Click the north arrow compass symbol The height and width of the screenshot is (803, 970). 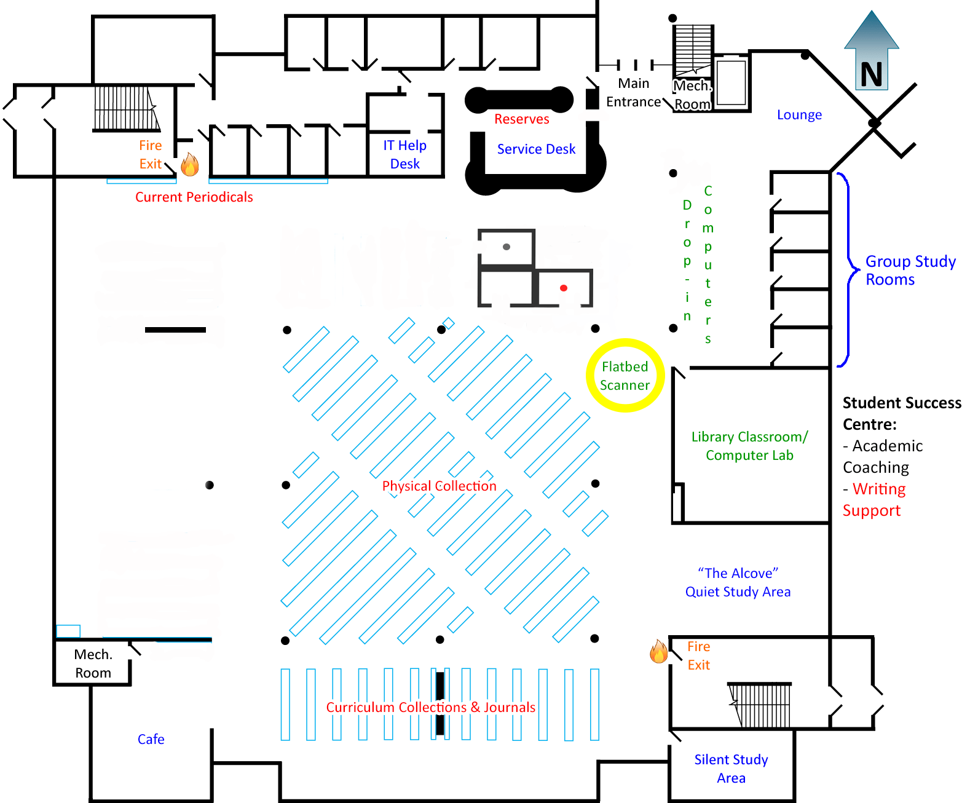coord(871,50)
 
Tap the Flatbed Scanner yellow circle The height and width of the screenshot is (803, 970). coord(625,341)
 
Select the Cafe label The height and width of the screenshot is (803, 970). coord(151,739)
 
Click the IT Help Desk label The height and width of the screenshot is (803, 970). coord(404,154)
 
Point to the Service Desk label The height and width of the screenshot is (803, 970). coord(536,149)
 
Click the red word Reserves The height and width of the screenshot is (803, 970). coord(521,119)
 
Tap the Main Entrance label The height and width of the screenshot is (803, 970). coord(633,92)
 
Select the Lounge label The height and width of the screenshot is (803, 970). coord(799,114)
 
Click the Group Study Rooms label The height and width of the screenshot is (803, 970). coord(910,270)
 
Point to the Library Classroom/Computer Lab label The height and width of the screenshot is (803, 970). coord(749,446)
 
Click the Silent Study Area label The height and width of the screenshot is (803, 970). coord(731,768)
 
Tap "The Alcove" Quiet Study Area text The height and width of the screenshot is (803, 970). coord(738,582)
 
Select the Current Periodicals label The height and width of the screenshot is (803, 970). coord(194,197)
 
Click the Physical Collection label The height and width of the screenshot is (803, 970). coord(439,486)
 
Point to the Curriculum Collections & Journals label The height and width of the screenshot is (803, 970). coord(431,707)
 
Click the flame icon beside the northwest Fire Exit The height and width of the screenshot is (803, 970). coord(189,164)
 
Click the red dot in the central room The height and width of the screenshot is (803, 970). coord(564,288)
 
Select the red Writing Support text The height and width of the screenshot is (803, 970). coord(874,499)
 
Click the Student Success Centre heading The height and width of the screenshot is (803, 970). coord(902,413)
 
